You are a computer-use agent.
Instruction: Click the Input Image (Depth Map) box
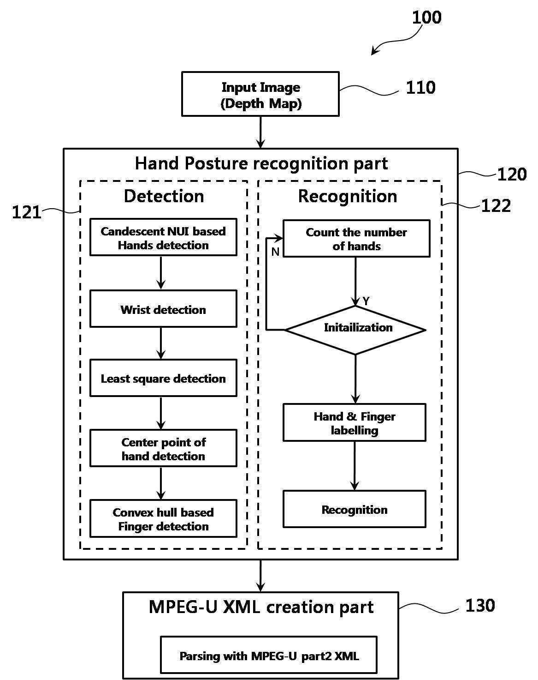[260, 94]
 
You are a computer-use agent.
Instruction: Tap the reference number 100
[426, 17]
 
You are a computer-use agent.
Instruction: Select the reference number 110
[420, 87]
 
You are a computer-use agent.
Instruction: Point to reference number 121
[26, 212]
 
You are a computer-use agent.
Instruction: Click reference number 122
[496, 206]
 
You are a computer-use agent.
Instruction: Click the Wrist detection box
[163, 309]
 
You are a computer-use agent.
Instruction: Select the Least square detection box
[163, 378]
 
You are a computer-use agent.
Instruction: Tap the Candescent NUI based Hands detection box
[163, 237]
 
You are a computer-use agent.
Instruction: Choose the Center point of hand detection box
[163, 448]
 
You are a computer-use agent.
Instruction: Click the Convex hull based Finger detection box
[163, 518]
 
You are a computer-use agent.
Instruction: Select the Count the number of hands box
[356, 239]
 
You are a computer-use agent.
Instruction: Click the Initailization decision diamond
[355, 330]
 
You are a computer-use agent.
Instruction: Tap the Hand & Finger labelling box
[355, 422]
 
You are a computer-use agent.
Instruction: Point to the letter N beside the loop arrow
[275, 252]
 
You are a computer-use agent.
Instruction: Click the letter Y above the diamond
[366, 301]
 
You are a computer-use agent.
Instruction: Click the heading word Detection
[164, 196]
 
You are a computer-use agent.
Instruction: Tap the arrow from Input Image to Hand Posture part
[260, 132]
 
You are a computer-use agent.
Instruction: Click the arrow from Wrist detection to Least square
[161, 343]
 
